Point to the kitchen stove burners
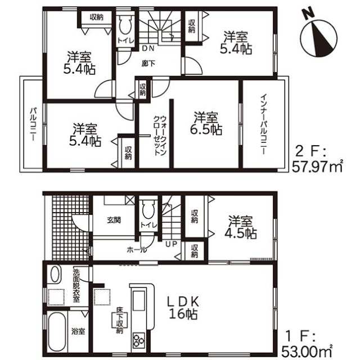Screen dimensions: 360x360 pyautogui.click(x=139, y=340)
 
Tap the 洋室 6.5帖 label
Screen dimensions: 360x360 pyautogui.click(x=206, y=123)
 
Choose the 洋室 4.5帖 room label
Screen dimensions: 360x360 pyautogui.click(x=240, y=227)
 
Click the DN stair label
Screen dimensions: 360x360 pyautogui.click(x=148, y=48)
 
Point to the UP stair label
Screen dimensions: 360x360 pyautogui.click(x=172, y=244)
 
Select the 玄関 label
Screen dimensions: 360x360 pyautogui.click(x=114, y=220)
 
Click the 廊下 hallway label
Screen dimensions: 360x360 pyautogui.click(x=148, y=64)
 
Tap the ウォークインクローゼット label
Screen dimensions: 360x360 pyautogui.click(x=160, y=136)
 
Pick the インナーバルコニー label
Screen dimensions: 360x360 pyautogui.click(x=264, y=124)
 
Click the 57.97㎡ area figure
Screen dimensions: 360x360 pyautogui.click(x=317, y=166)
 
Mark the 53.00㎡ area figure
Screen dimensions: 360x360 pyautogui.click(x=307, y=350)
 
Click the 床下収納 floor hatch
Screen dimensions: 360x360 pyautogui.click(x=119, y=320)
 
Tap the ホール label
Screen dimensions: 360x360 pyautogui.click(x=137, y=250)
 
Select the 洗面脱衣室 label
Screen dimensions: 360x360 pyautogui.click(x=76, y=285)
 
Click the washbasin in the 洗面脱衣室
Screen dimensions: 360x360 pyautogui.click(x=56, y=274)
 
